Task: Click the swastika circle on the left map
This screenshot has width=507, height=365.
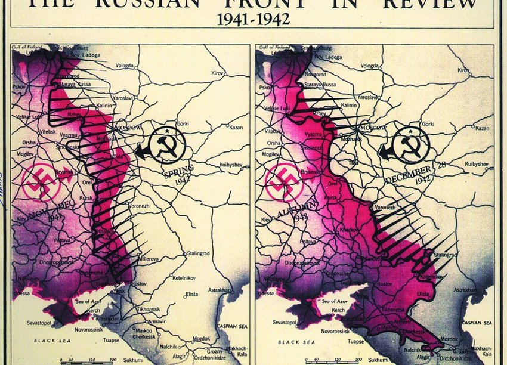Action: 41,181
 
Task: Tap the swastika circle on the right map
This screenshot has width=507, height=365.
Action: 285,181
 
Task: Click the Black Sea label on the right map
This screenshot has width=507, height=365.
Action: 297,342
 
